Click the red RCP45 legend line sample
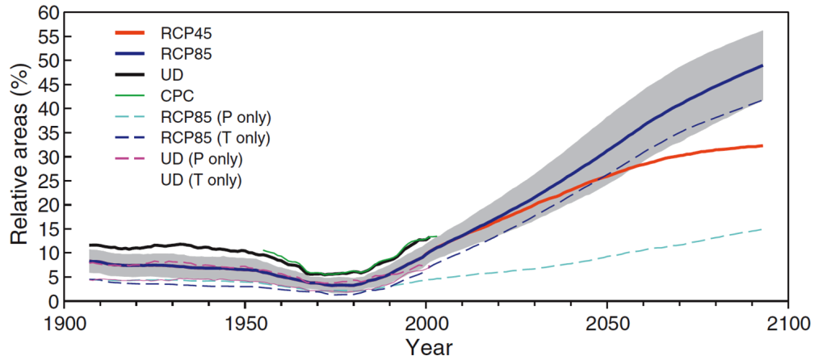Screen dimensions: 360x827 pos(131,33)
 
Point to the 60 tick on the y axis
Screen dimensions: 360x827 pos(52,13)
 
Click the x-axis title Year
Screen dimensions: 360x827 pos(430,348)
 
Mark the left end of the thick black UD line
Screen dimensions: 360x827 pos(90,245)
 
